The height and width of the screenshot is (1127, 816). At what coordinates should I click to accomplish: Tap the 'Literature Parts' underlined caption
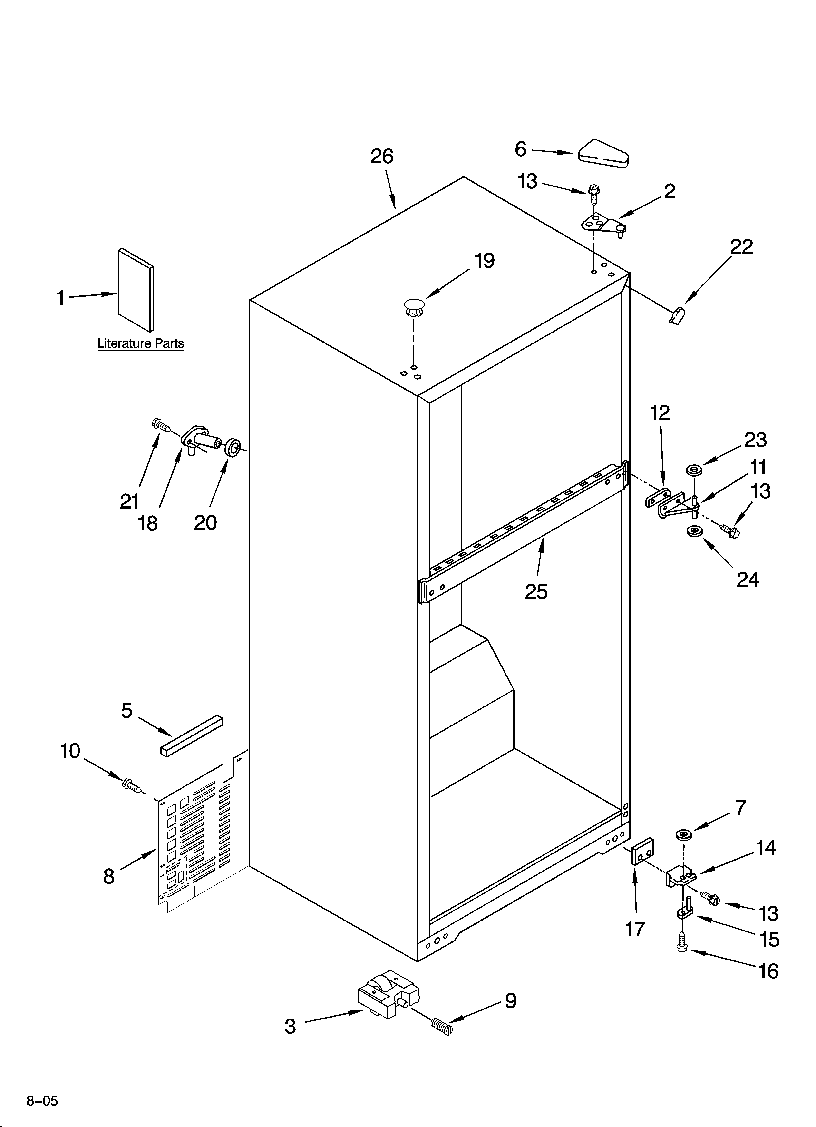tap(141, 343)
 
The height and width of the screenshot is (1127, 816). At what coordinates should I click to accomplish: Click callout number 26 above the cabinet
tap(382, 157)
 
